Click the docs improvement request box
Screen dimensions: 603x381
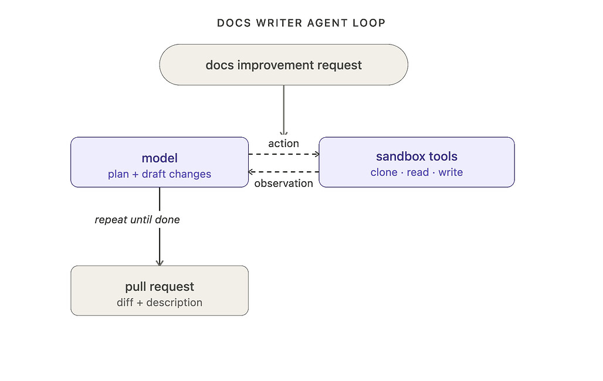point(284,64)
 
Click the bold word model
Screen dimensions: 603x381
point(160,158)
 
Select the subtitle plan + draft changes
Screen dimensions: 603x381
point(160,174)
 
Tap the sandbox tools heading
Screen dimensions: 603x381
point(417,157)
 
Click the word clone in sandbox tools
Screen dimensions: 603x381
point(384,172)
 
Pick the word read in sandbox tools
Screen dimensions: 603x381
point(418,172)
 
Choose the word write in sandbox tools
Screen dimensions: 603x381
point(450,172)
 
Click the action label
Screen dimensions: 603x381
point(284,144)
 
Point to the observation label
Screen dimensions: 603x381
point(284,183)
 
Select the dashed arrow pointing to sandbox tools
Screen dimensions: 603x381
point(284,154)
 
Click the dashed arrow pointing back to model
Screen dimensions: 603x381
point(284,172)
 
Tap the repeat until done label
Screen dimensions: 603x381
point(137,220)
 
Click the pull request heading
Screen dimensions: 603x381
point(160,287)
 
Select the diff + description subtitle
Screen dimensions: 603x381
point(160,302)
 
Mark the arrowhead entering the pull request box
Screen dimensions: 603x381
point(160,263)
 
